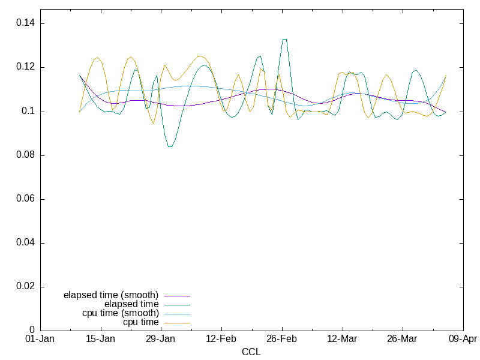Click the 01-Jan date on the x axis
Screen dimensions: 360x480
(40, 339)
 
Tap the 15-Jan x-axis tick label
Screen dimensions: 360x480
(100, 339)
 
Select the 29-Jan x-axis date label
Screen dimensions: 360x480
(161, 339)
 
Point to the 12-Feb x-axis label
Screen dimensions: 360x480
(221, 339)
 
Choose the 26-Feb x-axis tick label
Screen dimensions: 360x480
(282, 339)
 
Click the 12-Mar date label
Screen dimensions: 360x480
(342, 339)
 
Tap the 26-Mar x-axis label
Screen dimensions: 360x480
(403, 339)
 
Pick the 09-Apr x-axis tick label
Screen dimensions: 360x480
(463, 339)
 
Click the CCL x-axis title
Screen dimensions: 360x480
(251, 352)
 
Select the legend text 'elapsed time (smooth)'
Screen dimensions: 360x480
(111, 295)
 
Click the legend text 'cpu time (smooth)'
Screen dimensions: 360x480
(121, 313)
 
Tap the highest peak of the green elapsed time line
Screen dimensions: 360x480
(284, 40)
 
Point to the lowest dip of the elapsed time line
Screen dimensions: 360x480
(170, 146)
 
